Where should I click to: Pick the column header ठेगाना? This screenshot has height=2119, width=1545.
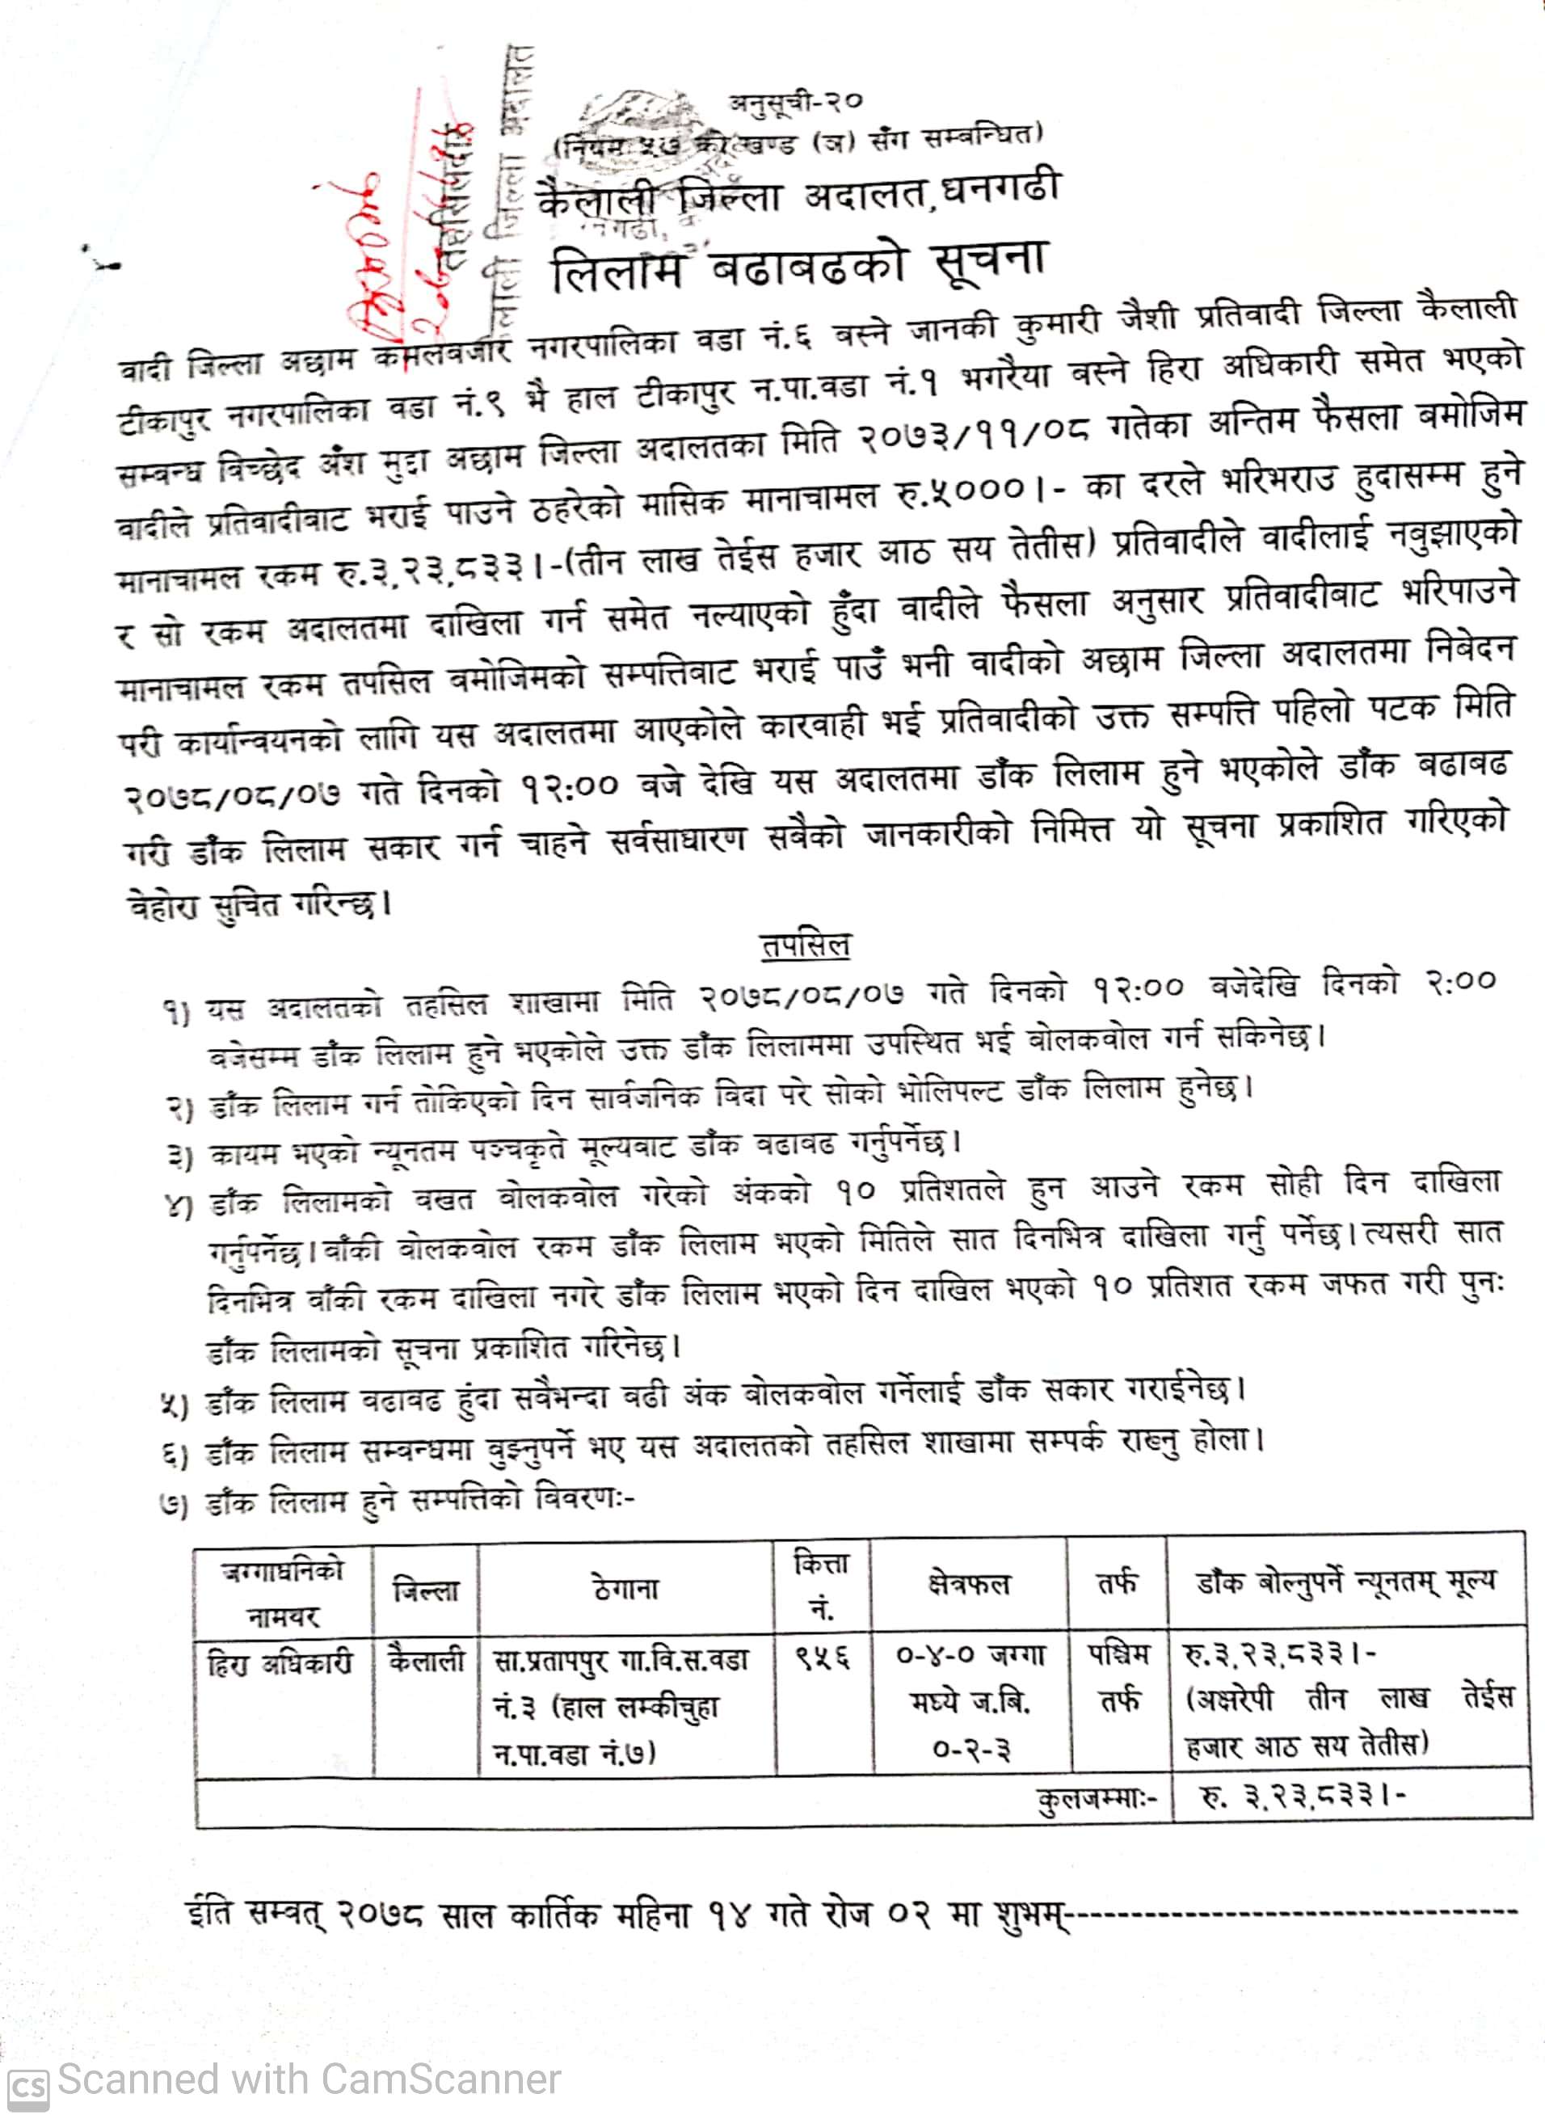pyautogui.click(x=625, y=1588)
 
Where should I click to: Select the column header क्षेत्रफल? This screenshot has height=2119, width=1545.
pyautogui.click(x=969, y=1584)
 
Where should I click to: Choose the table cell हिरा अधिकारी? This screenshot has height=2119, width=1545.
pyautogui.click(x=280, y=1663)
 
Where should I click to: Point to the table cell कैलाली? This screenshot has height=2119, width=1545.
pyautogui.click(x=426, y=1661)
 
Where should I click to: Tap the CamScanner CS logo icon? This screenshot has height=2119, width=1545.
pyautogui.click(x=27, y=2087)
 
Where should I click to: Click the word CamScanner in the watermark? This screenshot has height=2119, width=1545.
pyautogui.click(x=440, y=2079)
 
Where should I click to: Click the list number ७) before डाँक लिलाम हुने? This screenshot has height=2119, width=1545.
pyautogui.click(x=175, y=1505)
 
